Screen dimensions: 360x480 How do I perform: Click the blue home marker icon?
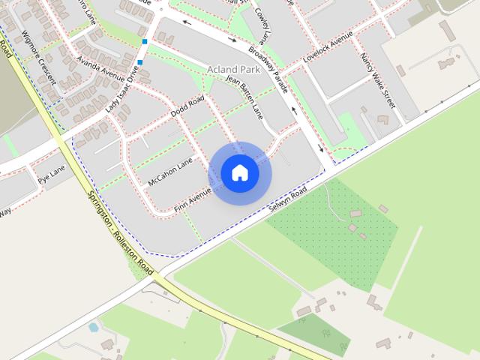point(239,172)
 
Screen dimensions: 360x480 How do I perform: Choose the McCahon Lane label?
point(170,171)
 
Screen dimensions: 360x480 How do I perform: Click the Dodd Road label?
point(187,107)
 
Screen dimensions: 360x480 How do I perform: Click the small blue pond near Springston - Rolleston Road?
point(94,327)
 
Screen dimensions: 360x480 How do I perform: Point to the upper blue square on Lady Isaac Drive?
point(144,41)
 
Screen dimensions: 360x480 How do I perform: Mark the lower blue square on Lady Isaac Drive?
point(140,62)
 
